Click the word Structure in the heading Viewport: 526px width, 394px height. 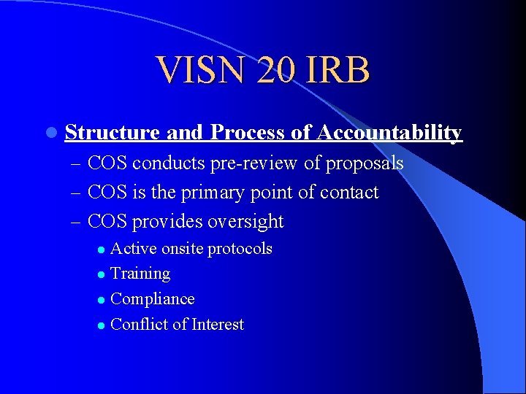(113, 133)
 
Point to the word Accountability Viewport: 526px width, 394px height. (389, 133)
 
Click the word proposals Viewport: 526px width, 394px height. (365, 163)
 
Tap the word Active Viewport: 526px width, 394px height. (133, 249)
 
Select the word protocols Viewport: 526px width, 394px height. (240, 249)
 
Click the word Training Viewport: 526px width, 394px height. (140, 274)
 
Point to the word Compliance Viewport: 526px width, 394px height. (152, 299)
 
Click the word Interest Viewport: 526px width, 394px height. (218, 325)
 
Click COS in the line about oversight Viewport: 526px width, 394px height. (107, 222)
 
